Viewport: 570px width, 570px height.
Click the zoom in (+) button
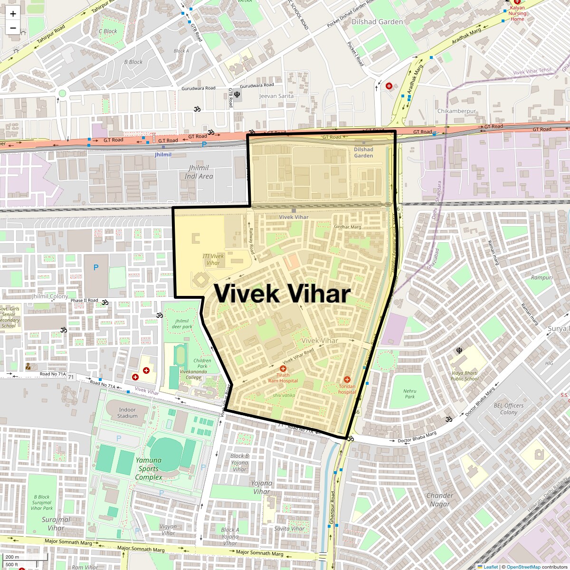[13, 14]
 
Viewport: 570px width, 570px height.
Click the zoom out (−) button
[13, 28]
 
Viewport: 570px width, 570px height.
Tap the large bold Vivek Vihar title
[282, 294]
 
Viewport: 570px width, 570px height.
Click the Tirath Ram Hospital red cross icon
[283, 369]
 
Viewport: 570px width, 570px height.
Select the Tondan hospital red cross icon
[347, 380]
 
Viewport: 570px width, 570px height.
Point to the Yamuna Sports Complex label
[149, 469]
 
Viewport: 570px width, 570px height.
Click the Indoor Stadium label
[127, 413]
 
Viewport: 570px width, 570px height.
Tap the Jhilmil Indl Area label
[199, 172]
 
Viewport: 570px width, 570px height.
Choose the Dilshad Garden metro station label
[363, 152]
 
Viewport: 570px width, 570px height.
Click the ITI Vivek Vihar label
[213, 259]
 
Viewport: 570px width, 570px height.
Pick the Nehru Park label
[409, 394]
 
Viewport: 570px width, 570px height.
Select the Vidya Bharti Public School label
[465, 376]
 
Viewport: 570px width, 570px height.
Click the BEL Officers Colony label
[508, 409]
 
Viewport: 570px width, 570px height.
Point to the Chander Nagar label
[440, 500]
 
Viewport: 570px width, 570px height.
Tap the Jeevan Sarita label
[276, 96]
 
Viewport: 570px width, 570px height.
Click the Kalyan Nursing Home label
[517, 13]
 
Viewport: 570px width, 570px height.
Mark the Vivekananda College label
[193, 374]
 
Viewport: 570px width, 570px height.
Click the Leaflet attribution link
[491, 567]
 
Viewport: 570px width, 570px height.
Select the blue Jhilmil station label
[163, 155]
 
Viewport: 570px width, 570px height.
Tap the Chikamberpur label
[456, 111]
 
